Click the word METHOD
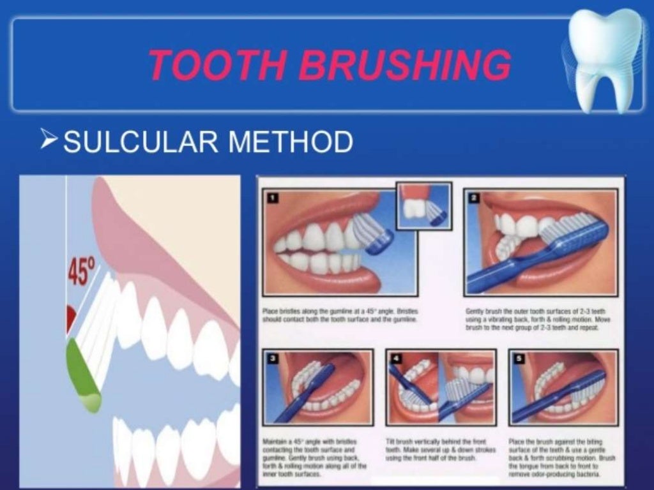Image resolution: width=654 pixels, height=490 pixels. tap(287, 142)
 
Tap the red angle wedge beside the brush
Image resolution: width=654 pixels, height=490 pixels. tap(70, 318)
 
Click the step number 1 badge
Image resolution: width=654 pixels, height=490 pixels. tap(273, 198)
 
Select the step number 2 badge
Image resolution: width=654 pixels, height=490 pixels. tap(474, 198)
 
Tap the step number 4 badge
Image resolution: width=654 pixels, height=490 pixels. tap(396, 359)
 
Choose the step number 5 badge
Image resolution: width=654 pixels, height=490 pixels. tap(519, 359)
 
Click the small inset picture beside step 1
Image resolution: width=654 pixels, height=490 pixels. tap(423, 206)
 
